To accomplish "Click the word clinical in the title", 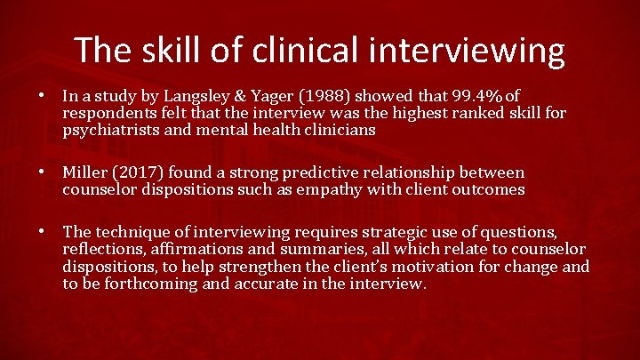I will [293, 50].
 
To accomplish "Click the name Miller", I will [85, 172].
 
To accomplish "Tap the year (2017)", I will [142, 172].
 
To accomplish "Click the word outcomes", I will [485, 189].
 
